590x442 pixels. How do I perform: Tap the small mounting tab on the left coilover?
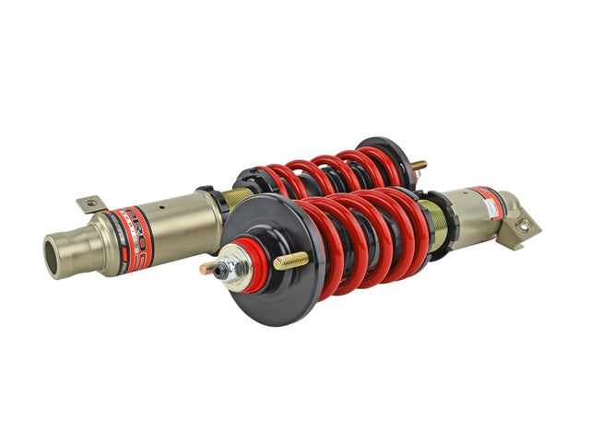point(90,203)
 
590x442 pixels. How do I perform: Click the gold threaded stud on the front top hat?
point(291,261)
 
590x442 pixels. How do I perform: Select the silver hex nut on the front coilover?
point(228,268)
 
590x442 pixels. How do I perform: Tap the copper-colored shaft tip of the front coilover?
point(207,269)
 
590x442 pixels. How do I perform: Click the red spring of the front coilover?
point(369,235)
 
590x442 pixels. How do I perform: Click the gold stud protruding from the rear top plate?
point(419,166)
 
